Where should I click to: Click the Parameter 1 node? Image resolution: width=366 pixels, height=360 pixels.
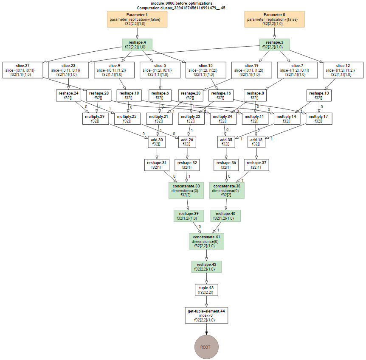point(137,19)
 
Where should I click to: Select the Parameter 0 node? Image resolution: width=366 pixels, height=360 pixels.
point(274,19)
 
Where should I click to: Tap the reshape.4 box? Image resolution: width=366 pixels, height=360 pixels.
point(137,45)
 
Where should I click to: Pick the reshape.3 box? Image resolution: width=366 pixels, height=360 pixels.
point(274,45)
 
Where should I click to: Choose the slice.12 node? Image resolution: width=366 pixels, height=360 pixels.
point(343,70)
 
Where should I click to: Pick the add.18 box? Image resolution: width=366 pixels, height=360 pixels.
point(256,142)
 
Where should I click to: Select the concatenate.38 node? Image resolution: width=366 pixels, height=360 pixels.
point(226,190)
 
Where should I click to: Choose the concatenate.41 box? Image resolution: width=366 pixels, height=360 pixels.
point(206,241)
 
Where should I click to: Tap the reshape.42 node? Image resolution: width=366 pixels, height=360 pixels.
point(206,266)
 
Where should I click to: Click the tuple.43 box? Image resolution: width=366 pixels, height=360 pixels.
point(206,290)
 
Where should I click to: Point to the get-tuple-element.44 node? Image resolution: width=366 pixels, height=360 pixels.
point(206,315)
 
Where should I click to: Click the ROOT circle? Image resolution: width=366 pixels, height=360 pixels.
point(206,346)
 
